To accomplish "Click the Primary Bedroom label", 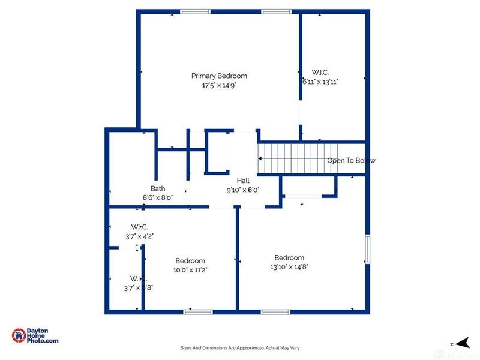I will click(x=219, y=76).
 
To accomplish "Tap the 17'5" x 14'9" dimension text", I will click(x=219, y=85).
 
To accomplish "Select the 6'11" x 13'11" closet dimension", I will click(x=320, y=82).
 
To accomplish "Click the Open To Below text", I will click(x=351, y=160).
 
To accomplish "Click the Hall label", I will click(x=243, y=181).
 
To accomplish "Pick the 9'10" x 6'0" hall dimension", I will click(x=243, y=190).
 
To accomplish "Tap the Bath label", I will click(x=158, y=188).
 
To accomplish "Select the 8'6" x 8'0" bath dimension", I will click(x=158, y=197).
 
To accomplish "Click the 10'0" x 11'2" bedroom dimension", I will click(x=190, y=270).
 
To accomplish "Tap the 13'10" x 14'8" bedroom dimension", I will click(x=289, y=267).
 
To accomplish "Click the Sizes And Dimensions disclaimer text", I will click(x=240, y=347).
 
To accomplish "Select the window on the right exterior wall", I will click(x=368, y=248).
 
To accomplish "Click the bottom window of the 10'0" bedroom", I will click(x=198, y=311).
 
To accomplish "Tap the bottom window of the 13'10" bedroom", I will click(x=275, y=311).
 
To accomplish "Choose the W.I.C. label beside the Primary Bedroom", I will click(x=320, y=72).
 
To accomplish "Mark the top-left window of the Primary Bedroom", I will click(x=196, y=11).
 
